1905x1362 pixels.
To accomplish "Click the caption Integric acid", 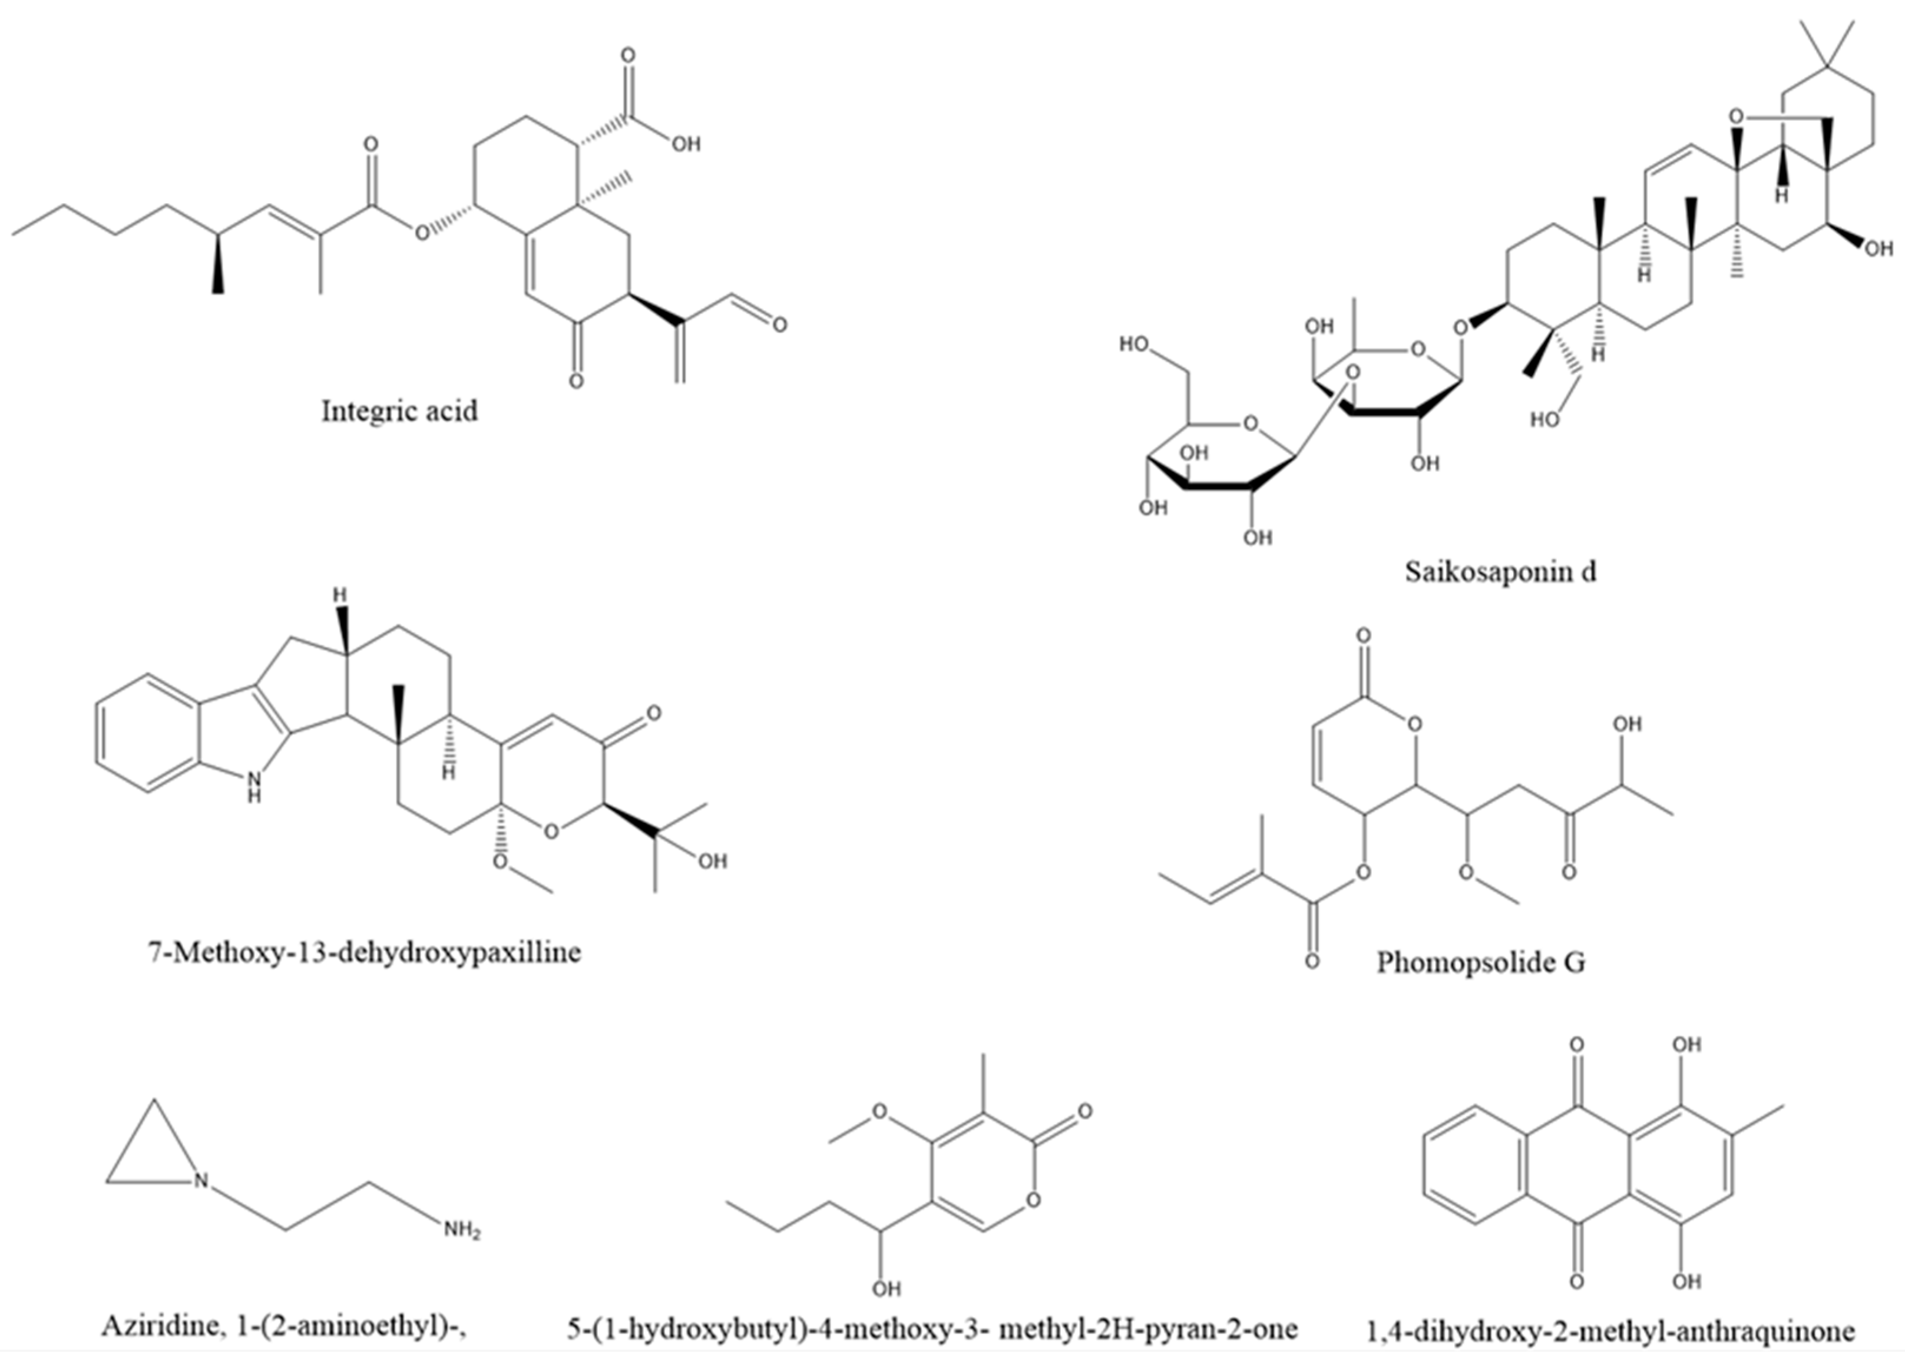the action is click(x=399, y=411).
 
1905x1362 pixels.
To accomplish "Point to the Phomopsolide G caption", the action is click(x=1480, y=962).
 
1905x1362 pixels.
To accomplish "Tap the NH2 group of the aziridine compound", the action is click(x=462, y=1231).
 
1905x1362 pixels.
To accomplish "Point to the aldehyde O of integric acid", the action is click(x=779, y=324).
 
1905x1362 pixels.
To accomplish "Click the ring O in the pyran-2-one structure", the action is click(x=1033, y=1200).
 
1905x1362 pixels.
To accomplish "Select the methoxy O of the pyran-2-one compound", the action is click(x=879, y=1112).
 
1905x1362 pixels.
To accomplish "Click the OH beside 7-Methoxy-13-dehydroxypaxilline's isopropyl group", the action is click(x=712, y=861).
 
